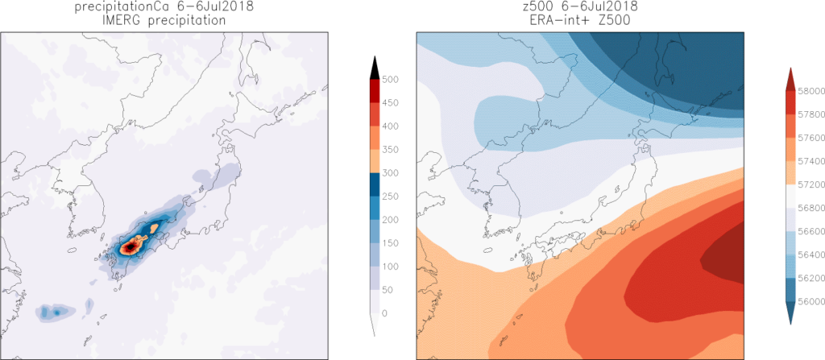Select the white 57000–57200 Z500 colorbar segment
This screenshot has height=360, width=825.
(791, 196)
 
